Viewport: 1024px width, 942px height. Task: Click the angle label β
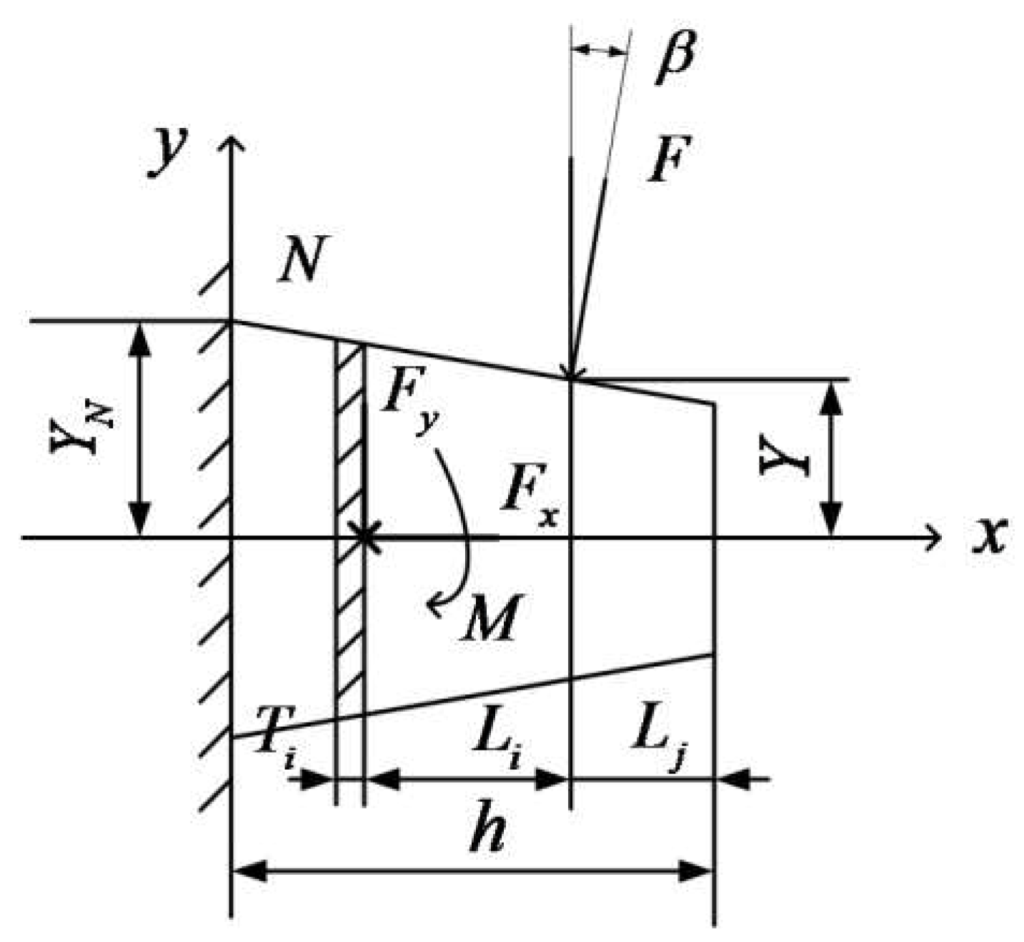(674, 57)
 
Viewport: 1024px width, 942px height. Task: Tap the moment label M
(489, 617)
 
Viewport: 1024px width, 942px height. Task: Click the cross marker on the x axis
(364, 536)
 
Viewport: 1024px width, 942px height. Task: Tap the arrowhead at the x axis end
(933, 536)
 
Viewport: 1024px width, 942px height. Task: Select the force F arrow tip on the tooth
(570, 375)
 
